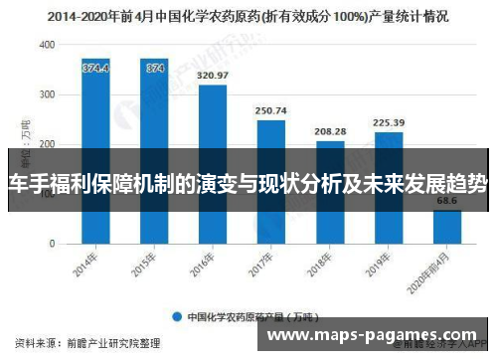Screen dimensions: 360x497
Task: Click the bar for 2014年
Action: point(96,150)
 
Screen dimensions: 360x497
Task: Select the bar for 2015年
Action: point(154,150)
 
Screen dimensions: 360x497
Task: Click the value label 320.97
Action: point(213,76)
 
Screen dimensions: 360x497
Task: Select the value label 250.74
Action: point(271,110)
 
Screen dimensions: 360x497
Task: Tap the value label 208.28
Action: point(330,131)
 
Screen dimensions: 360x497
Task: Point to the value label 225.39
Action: point(389,123)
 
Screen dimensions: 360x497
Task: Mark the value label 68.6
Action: point(447,201)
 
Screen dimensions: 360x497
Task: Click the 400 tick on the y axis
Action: point(48,46)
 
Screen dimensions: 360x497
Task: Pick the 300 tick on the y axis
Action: point(48,95)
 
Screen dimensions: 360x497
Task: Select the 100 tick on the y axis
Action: point(48,194)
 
